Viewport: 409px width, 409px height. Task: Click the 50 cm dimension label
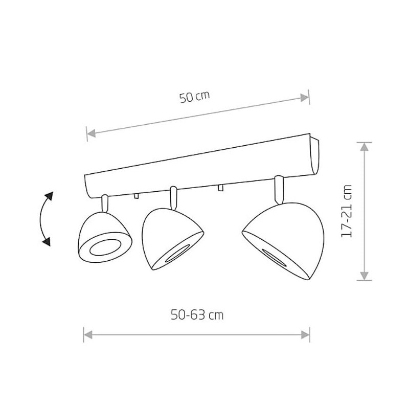[195, 97]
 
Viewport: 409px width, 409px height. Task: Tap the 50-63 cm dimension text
[197, 315]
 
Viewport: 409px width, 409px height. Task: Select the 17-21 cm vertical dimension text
[347, 211]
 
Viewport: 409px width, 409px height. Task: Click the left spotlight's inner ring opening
[105, 247]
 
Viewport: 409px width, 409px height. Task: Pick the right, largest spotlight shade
[284, 240]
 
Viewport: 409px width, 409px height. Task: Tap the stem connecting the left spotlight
[105, 203]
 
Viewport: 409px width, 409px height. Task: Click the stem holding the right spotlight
[279, 190]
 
